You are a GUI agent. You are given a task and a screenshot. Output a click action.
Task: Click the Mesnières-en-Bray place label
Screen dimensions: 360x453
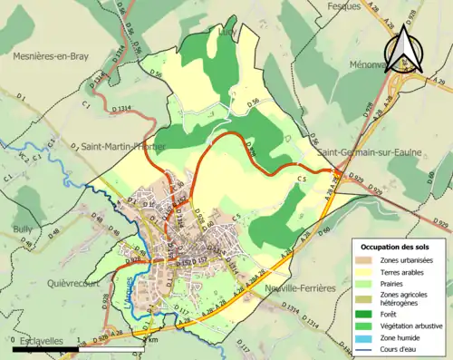(x=51, y=56)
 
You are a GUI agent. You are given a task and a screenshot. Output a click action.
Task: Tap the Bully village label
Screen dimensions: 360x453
(x=24, y=229)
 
